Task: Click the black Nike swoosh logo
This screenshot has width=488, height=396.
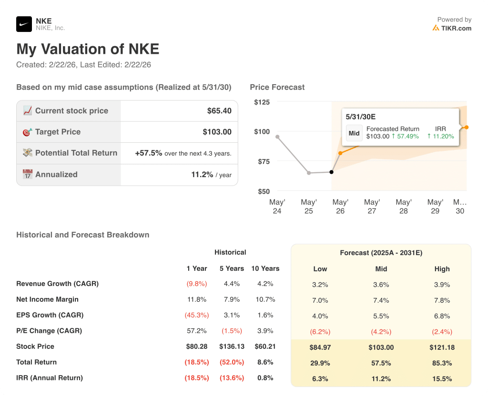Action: (x=24, y=24)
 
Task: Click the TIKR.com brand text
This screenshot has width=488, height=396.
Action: (x=456, y=28)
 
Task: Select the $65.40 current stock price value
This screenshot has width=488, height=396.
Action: (x=219, y=111)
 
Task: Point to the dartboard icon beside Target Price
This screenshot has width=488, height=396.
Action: (x=27, y=132)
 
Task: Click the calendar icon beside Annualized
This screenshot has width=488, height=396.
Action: (x=27, y=174)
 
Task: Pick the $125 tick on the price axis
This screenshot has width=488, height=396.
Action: (x=262, y=102)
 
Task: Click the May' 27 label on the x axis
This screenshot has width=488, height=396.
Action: (x=372, y=207)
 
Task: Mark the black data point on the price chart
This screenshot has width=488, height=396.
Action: (x=332, y=172)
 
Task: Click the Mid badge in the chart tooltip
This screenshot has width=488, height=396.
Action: (x=354, y=133)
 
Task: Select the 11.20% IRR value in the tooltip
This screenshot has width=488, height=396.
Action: (x=440, y=136)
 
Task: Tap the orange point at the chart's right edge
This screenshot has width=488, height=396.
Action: (x=467, y=127)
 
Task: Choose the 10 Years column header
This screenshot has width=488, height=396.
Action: (x=265, y=268)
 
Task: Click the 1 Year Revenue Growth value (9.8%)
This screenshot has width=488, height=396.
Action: (x=196, y=284)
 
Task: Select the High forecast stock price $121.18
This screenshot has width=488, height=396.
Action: (x=442, y=347)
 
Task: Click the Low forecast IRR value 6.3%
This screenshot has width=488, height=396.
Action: (x=320, y=379)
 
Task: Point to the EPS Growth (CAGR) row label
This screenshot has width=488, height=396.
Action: (x=50, y=315)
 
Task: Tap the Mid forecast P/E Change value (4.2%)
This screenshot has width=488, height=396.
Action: (x=381, y=332)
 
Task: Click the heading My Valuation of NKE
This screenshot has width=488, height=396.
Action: (x=88, y=49)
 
